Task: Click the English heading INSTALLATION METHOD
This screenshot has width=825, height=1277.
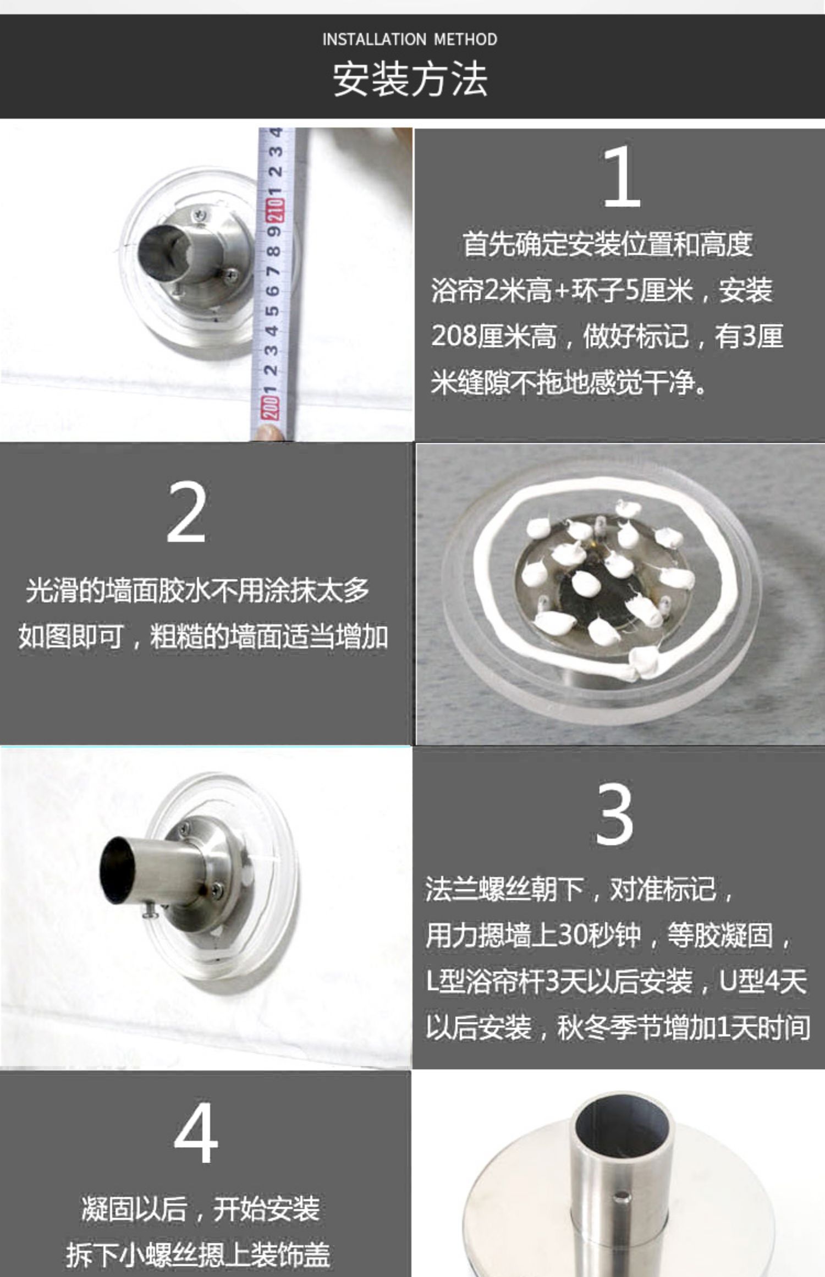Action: [410, 40]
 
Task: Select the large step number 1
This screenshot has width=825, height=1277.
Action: [621, 177]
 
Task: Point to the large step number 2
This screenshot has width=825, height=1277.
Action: [186, 511]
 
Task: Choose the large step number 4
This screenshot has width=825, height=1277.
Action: [196, 1134]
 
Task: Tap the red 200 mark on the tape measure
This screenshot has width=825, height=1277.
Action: [270, 408]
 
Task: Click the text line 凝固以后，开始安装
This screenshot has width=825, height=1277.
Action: [201, 1209]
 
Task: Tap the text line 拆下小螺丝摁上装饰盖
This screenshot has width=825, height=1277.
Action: [197, 1255]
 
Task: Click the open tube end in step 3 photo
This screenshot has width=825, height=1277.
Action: [117, 871]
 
